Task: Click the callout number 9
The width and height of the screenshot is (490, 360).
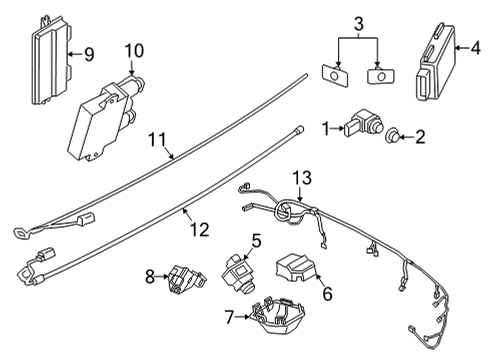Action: pyautogui.click(x=88, y=55)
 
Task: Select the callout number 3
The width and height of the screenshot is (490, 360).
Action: pyautogui.click(x=359, y=21)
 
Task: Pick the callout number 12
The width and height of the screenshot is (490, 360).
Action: pyautogui.click(x=201, y=230)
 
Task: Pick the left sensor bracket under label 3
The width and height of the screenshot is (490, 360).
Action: pyautogui.click(x=332, y=74)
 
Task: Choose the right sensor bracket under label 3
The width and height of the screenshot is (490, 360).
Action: pyautogui.click(x=378, y=75)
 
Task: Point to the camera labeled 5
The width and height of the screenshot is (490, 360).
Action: pyautogui.click(x=239, y=273)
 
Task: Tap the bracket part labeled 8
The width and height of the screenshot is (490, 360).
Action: pyautogui.click(x=182, y=280)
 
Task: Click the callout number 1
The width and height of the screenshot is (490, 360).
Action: pyautogui.click(x=325, y=127)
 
